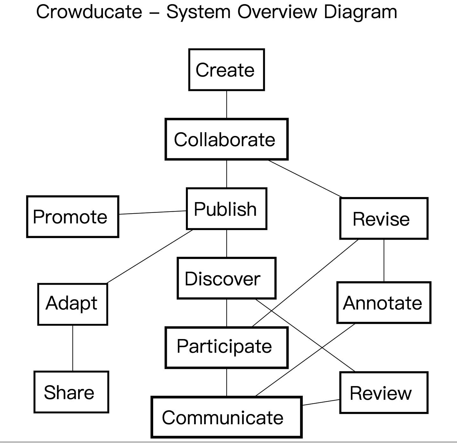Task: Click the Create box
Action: [226, 70]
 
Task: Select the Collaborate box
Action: [226, 139]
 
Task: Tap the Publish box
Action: [226, 209]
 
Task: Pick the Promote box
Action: [72, 217]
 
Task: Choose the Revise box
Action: [384, 218]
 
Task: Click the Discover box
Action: [226, 278]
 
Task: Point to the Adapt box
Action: [72, 304]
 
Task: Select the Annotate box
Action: [384, 303]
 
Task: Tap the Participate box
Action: [226, 347]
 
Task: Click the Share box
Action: [71, 392]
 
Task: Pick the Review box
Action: [384, 393]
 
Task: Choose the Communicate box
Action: [226, 417]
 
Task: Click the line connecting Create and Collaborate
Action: [227, 105]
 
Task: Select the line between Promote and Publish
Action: [152, 212]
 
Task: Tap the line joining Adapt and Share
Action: [72, 348]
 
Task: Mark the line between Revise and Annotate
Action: [384, 260]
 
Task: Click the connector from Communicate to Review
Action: [321, 402]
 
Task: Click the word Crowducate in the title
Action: [89, 12]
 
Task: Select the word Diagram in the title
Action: [360, 12]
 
